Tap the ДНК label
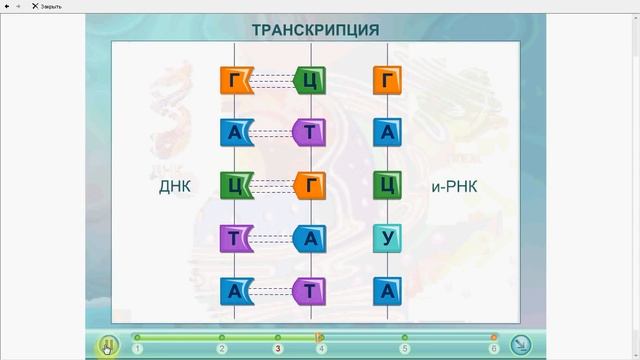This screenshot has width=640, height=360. (x=174, y=187)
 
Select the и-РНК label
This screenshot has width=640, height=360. (x=456, y=187)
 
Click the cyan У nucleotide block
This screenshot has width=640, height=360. (x=387, y=238)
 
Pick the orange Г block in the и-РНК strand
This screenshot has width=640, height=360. (x=387, y=79)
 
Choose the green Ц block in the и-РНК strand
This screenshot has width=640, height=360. (x=387, y=185)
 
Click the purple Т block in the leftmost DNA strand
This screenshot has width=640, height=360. (x=234, y=238)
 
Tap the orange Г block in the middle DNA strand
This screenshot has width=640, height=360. (x=310, y=185)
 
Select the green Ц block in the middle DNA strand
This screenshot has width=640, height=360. (x=310, y=79)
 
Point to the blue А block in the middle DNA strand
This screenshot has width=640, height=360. (x=310, y=238)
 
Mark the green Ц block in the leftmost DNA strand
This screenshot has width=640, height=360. (x=234, y=185)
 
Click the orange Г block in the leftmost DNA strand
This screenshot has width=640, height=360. (x=234, y=79)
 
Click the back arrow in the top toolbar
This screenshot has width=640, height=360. (x=7, y=6)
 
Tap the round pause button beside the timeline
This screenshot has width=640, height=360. (x=108, y=345)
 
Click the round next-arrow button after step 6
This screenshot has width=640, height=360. (x=520, y=345)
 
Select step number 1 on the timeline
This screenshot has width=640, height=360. (x=137, y=349)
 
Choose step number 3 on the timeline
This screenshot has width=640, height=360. (x=278, y=349)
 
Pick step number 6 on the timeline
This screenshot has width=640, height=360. (x=493, y=349)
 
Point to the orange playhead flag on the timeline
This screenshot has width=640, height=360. (x=319, y=338)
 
